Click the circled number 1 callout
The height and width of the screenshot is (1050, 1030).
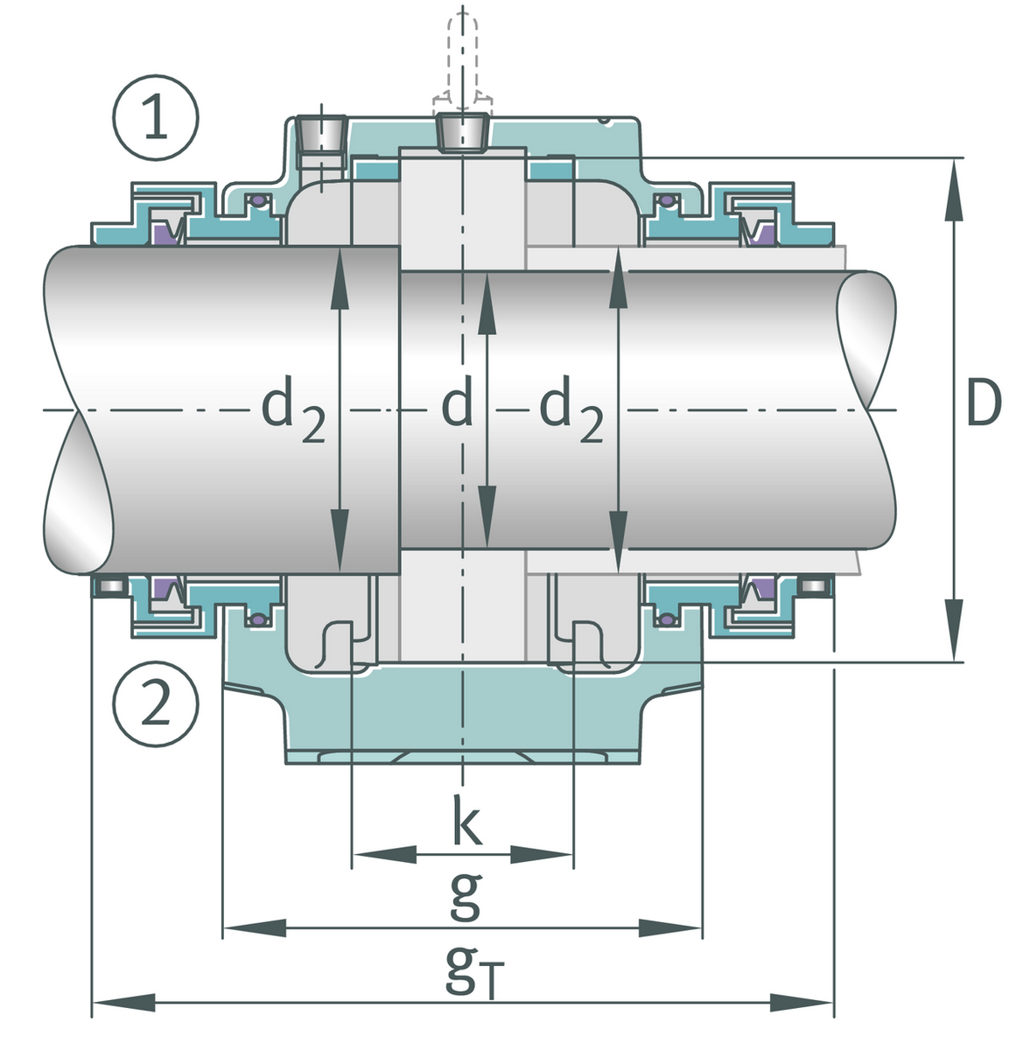pyautogui.click(x=156, y=120)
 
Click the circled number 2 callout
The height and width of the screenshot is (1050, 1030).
pyautogui.click(x=156, y=703)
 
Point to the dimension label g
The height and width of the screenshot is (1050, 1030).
pyautogui.click(x=465, y=896)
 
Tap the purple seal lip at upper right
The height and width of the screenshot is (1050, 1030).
pyautogui.click(x=760, y=233)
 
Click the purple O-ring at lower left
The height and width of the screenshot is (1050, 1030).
pyautogui.click(x=256, y=620)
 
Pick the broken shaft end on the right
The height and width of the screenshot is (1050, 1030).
pyautogui.click(x=866, y=341)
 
